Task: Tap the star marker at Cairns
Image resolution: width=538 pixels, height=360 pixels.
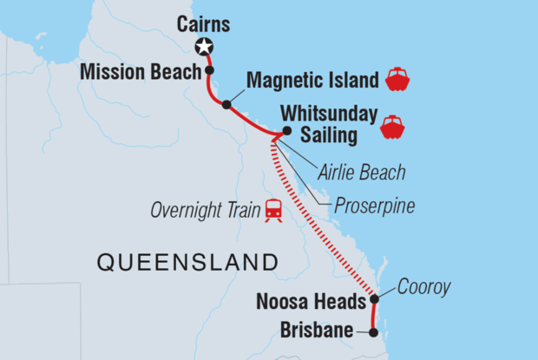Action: tap(205, 47)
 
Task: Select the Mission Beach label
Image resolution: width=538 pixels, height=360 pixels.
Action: tap(141, 72)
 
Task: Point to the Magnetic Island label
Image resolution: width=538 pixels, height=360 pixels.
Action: tap(313, 81)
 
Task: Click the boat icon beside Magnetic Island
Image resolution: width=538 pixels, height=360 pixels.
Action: tap(397, 80)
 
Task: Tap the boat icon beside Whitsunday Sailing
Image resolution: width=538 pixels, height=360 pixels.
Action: tap(392, 127)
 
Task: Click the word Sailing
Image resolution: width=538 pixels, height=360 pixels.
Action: tap(329, 135)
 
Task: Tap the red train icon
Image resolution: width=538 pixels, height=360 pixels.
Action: tap(273, 210)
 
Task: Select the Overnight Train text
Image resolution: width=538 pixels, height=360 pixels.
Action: tap(204, 210)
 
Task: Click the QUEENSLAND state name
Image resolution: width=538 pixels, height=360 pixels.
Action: tap(187, 262)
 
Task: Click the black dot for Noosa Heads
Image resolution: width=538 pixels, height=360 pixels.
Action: tap(374, 299)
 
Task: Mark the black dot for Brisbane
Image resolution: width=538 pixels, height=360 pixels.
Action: tap(374, 331)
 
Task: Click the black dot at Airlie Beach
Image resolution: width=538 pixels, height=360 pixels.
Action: tap(287, 132)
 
